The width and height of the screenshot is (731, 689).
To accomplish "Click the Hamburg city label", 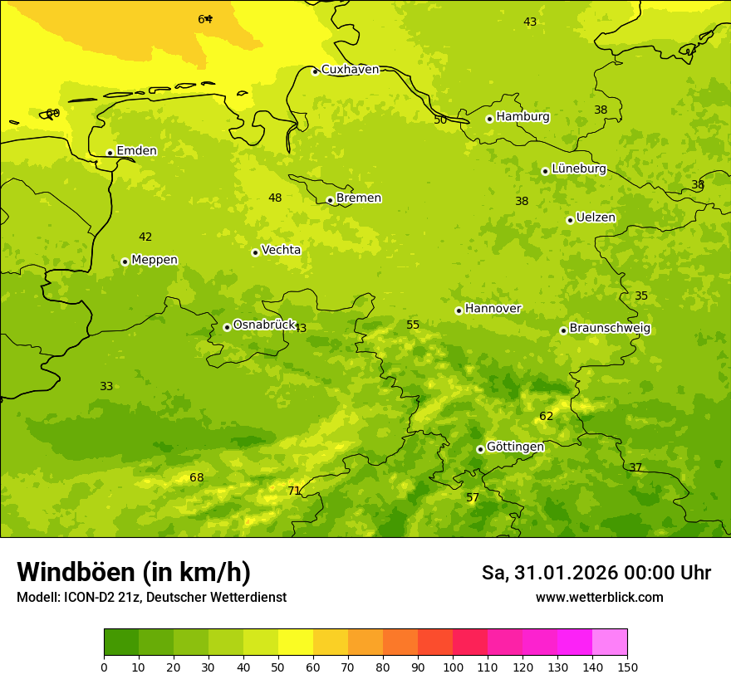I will pos(522,117).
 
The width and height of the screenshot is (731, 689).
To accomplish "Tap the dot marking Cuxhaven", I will pos(315,71).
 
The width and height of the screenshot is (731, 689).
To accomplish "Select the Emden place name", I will pos(136,151).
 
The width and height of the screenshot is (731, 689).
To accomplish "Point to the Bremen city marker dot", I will pos(330,200).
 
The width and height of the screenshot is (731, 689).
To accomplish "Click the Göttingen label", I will pos(515,447).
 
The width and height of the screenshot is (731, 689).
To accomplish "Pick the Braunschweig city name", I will pos(610,329).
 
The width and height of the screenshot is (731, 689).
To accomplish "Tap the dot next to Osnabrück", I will pos(227,327).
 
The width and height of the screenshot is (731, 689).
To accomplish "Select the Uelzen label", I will pos(596,218).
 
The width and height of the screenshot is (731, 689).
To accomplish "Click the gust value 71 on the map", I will pos(294,491).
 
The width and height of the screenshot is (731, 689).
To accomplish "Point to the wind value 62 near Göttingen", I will pos(546,416).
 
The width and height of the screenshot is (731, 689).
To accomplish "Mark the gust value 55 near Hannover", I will pos(413,325).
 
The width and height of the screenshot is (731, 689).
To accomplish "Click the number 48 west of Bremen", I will pos(275,198).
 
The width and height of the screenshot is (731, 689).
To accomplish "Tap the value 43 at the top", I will pos(530,22).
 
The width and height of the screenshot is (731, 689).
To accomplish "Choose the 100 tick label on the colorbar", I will pos(453,667).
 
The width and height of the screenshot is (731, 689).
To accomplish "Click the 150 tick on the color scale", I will pos(627,667).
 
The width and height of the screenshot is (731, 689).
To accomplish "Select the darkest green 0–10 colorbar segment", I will pos(121,643).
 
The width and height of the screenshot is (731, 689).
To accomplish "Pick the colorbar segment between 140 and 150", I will pos(610,643).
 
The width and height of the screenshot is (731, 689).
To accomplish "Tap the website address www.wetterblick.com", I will pos(599,598).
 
